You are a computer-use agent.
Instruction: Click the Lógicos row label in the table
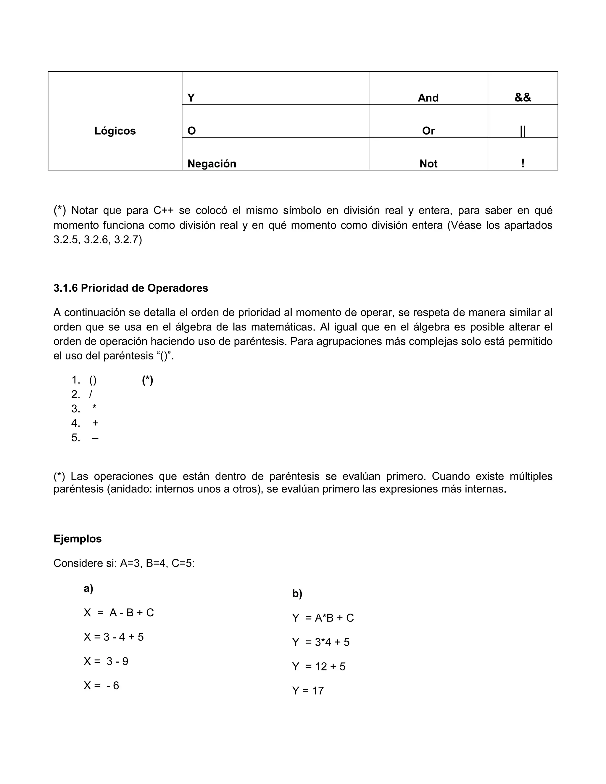tap(115, 131)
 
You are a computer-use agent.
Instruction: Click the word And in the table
tap(428, 98)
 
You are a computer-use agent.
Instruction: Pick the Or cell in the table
tap(428, 131)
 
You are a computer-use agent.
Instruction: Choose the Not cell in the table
tap(428, 164)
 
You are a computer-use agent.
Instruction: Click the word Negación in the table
tap(212, 164)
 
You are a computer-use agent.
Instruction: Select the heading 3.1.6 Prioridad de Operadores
tap(131, 288)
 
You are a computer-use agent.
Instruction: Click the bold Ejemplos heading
tap(78, 538)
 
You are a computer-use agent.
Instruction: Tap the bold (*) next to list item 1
tap(148, 380)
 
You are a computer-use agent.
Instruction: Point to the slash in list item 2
tap(91, 394)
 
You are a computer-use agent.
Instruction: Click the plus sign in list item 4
tap(95, 423)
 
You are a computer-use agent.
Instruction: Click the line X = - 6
tap(101, 686)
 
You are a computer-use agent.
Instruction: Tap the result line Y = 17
tap(308, 691)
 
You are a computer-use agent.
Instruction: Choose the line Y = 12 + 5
tap(318, 666)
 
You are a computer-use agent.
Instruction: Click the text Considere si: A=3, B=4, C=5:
tap(124, 563)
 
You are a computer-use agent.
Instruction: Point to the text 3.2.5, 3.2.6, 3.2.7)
tap(98, 240)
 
